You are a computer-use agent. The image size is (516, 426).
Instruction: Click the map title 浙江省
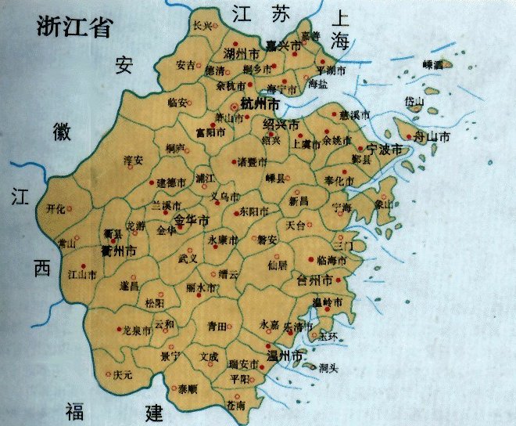coord(75,27)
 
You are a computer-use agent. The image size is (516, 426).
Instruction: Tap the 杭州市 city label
coord(261,103)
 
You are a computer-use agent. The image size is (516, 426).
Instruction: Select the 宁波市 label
coord(384,148)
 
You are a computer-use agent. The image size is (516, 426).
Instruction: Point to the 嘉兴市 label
coord(283,47)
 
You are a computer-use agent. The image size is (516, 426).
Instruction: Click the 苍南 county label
coord(235,406)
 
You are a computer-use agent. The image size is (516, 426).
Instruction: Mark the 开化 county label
coord(56,209)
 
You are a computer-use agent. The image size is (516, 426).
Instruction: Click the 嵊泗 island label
coord(432,64)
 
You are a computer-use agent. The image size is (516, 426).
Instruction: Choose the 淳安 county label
coord(134,160)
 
